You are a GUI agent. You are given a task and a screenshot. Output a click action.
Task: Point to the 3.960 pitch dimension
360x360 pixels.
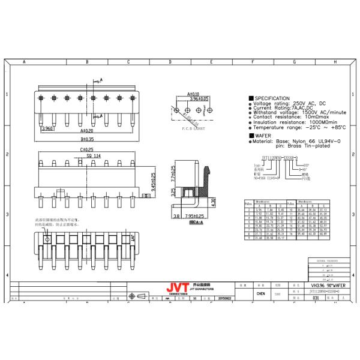click(x=47, y=129)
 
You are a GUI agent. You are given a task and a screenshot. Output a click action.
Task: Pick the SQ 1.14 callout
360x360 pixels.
click(x=94, y=155)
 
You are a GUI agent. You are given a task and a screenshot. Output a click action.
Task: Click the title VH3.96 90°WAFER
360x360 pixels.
click(x=323, y=285)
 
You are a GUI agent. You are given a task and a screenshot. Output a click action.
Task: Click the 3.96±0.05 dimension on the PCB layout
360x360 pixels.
click(x=199, y=98)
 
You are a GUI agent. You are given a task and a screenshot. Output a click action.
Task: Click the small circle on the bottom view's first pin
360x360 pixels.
click(x=46, y=239)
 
